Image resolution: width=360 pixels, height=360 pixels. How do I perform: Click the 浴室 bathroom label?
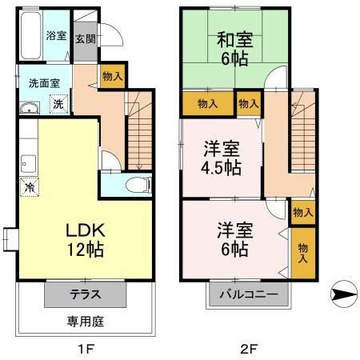tap(55, 35)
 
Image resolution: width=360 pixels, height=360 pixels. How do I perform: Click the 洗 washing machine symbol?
tap(58, 103)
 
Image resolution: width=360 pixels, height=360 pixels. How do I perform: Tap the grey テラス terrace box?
tap(85, 294)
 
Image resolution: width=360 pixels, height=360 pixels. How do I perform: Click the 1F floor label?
tap(85, 348)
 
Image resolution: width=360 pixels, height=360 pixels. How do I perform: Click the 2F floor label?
tap(249, 348)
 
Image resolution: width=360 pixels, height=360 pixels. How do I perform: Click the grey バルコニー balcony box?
tap(250, 294)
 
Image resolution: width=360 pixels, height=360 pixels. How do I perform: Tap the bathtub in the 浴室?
tap(26, 36)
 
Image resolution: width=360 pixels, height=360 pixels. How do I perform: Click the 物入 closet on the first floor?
tap(112, 75)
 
